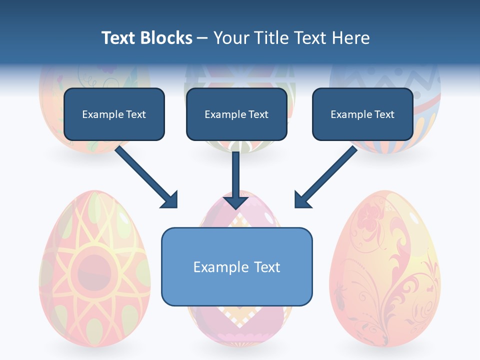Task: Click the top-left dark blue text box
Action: point(114,114)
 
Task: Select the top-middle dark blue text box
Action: point(236,114)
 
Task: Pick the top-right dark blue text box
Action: point(362,114)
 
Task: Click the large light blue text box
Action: point(236,266)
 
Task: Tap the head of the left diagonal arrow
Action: point(170,200)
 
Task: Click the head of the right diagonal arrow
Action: point(302,200)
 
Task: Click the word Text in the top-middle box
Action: point(258,114)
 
